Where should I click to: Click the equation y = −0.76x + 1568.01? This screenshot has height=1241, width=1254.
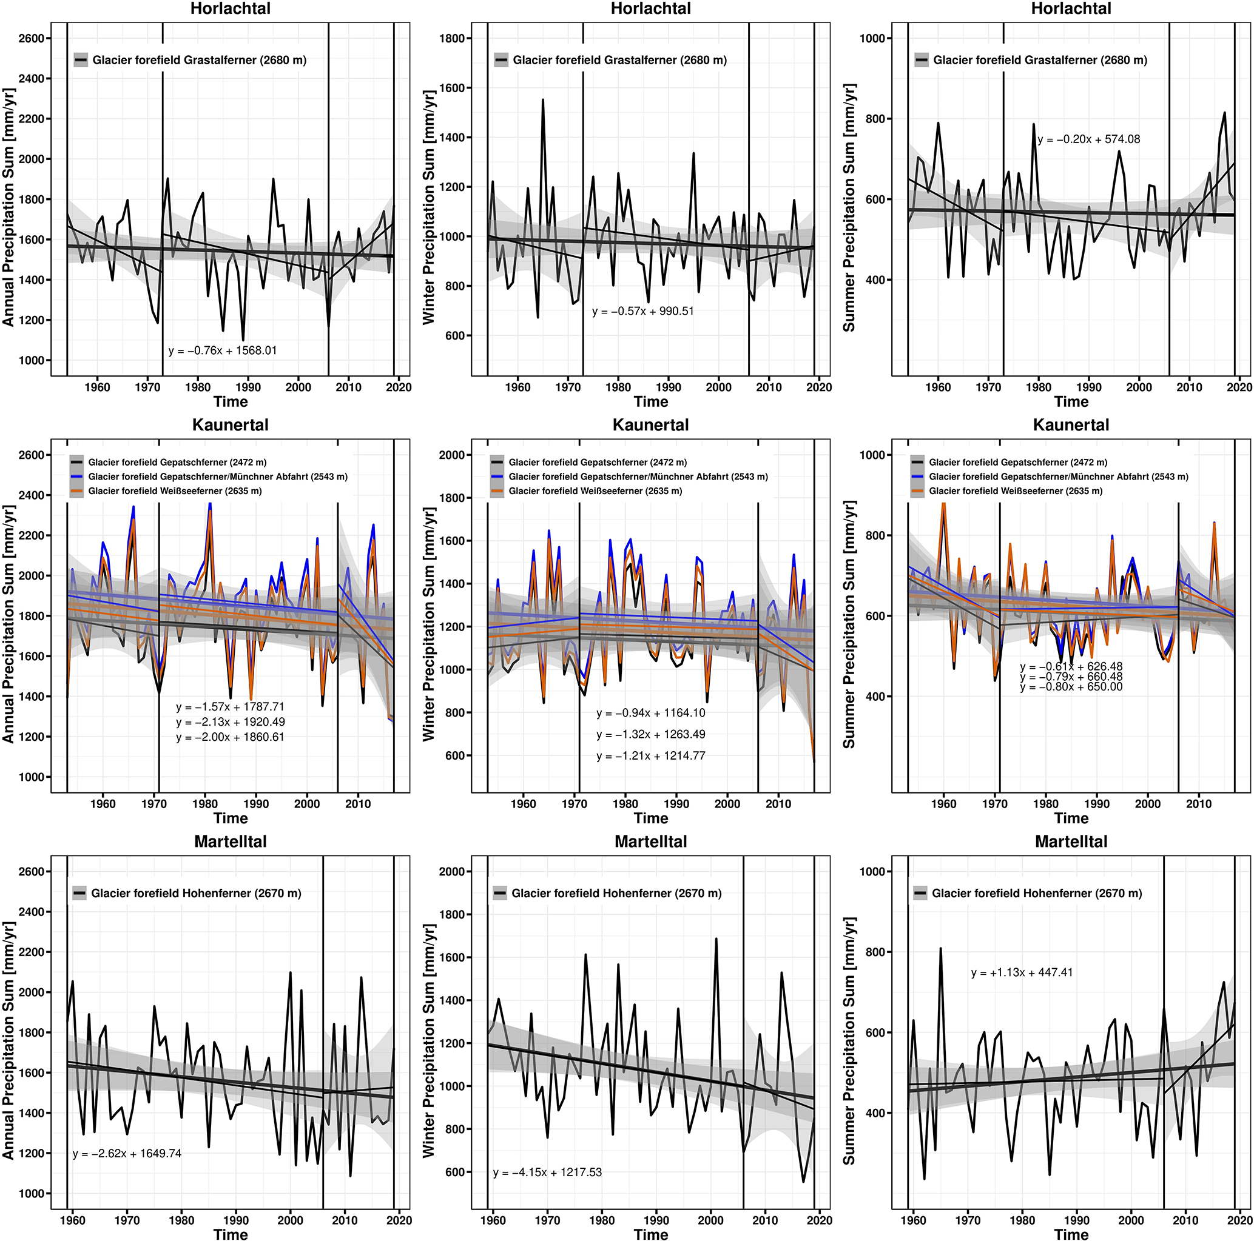pyautogui.click(x=223, y=351)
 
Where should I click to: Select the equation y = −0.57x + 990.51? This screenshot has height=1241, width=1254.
pyautogui.click(x=642, y=312)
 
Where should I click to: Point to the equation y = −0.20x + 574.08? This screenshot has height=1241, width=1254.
pyautogui.click(x=1088, y=139)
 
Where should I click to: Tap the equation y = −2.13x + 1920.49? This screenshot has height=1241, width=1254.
pyautogui.click(x=230, y=722)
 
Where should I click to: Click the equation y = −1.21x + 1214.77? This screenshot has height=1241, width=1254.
pyautogui.click(x=650, y=756)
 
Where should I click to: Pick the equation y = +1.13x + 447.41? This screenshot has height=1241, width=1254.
pyautogui.click(x=1022, y=972)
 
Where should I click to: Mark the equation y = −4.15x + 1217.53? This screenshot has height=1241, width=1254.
pyautogui.click(x=547, y=1172)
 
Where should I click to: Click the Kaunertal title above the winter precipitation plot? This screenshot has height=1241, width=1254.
pyautogui.click(x=650, y=425)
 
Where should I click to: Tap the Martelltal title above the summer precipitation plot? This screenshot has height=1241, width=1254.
pyautogui.click(x=1071, y=841)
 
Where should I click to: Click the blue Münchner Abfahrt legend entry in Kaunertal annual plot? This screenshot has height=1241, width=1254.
pyautogui.click(x=217, y=477)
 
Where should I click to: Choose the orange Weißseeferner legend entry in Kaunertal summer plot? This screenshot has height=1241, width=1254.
pyautogui.click(x=1015, y=491)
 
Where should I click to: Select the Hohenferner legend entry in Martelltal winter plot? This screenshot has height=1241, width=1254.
pyautogui.click(x=616, y=893)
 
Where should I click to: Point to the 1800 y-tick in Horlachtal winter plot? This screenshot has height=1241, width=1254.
pyautogui.click(x=452, y=38)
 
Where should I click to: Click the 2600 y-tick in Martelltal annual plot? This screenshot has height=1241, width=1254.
pyautogui.click(x=31, y=871)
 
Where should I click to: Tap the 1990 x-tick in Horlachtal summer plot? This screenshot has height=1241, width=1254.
pyautogui.click(x=1088, y=387)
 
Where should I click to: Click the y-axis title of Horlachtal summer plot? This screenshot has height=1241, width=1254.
pyautogui.click(x=849, y=207)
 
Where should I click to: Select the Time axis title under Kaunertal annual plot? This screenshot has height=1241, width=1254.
pyautogui.click(x=231, y=818)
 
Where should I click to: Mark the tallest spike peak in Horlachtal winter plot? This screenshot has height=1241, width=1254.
pyautogui.click(x=542, y=100)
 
